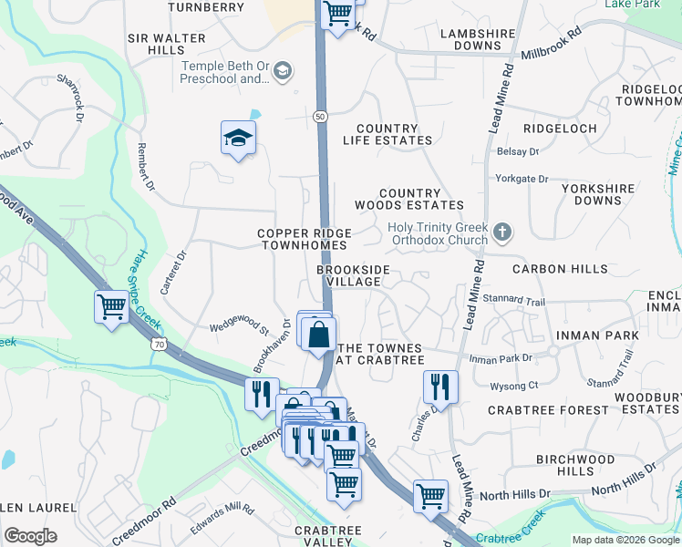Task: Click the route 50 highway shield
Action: coord(320,117)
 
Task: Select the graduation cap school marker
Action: coord(238,139)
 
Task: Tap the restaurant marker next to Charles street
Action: coord(440,387)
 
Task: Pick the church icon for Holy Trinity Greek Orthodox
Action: coord(501,233)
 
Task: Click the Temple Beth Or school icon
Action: coord(283,71)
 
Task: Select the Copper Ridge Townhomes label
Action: coord(303,240)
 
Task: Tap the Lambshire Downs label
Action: coord(478,39)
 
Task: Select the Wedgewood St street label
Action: coord(240,324)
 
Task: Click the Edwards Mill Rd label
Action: coord(222,520)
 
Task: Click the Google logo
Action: coord(31,536)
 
